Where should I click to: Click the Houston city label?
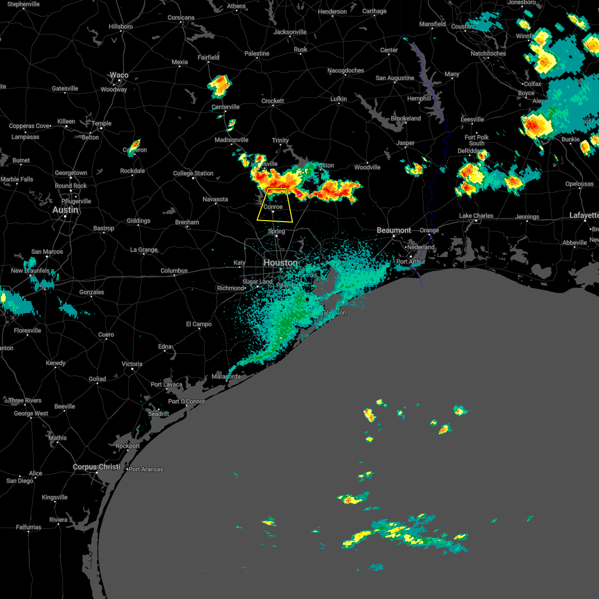[281, 263]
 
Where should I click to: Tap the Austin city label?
[65, 210]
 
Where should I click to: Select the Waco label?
[119, 75]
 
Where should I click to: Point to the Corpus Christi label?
[96, 467]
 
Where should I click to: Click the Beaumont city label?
[394, 230]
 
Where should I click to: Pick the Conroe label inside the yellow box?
[273, 207]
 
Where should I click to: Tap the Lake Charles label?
[476, 216]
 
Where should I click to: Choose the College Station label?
[193, 173]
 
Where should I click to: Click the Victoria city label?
[132, 364]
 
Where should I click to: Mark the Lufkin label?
[338, 99]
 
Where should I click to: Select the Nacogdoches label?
[345, 70]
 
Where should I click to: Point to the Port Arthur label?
[410, 262]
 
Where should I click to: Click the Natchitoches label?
[488, 53]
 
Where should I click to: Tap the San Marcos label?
[47, 252]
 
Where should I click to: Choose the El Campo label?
[199, 324]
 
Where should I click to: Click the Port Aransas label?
[146, 469]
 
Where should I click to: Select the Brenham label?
[187, 222]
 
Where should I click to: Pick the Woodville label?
[367, 167]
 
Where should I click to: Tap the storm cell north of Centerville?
[220, 86]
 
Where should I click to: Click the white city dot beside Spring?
[276, 236]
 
